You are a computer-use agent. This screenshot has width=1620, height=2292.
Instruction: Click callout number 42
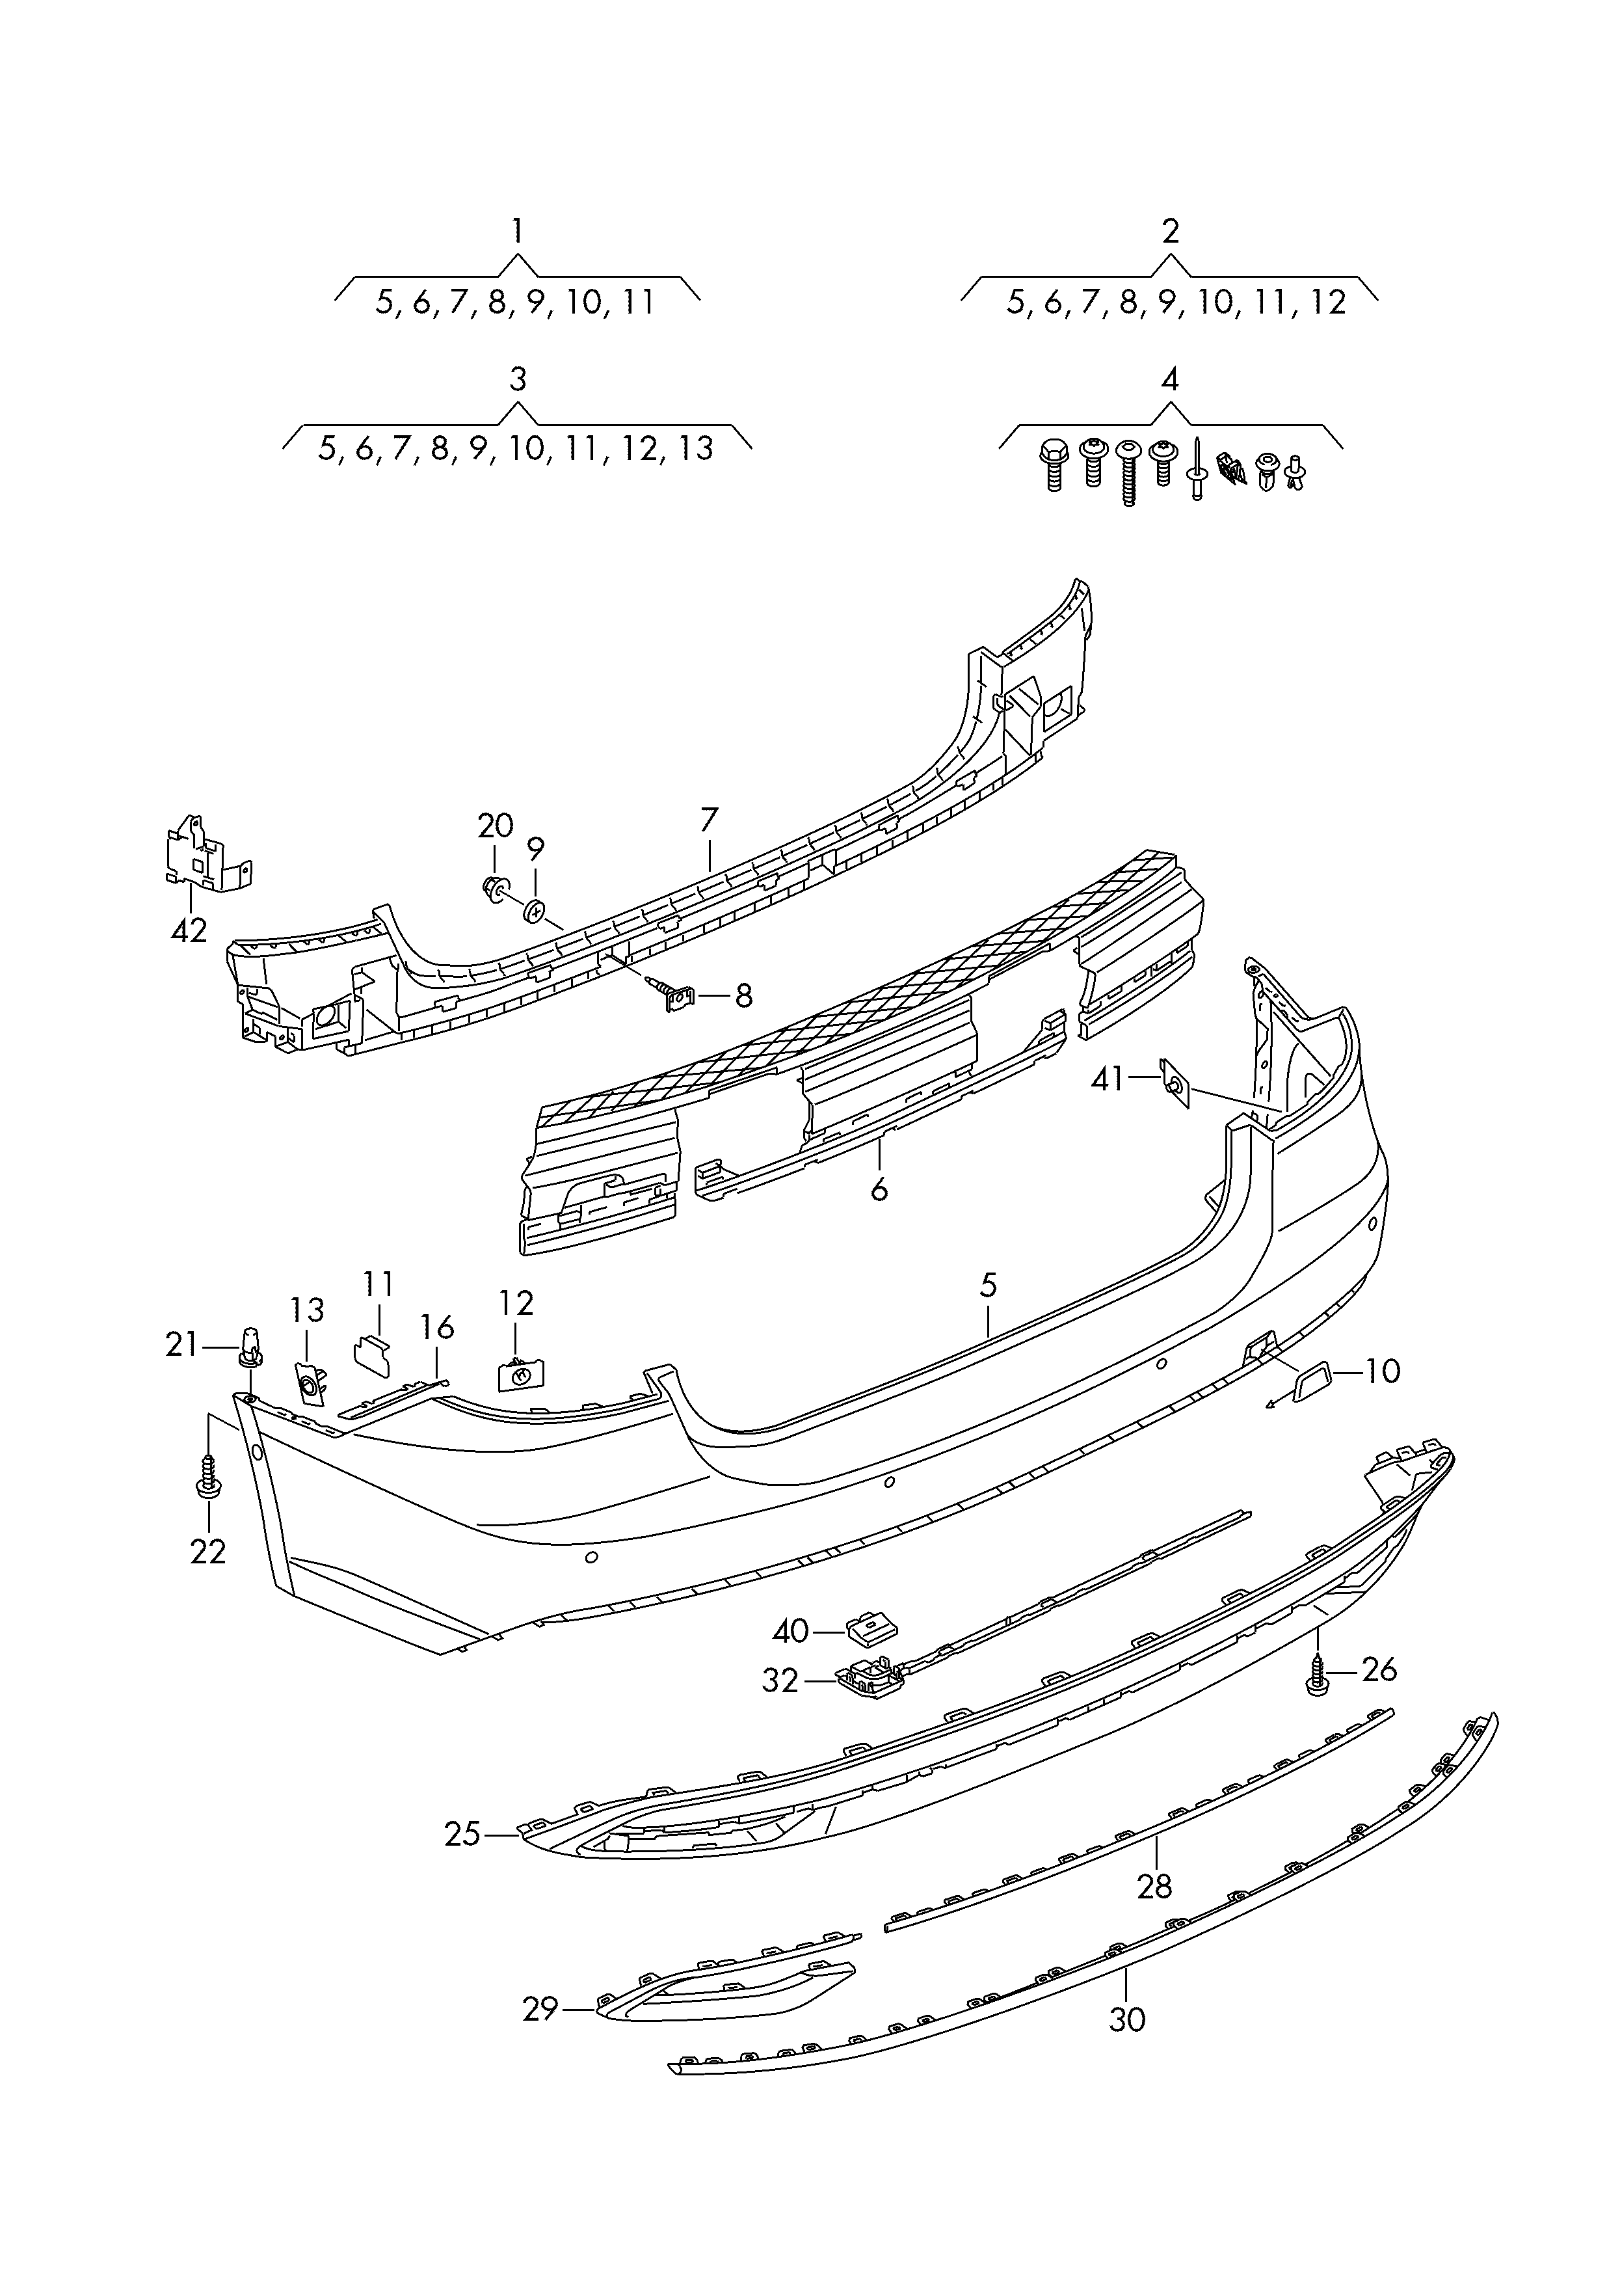pyautogui.click(x=189, y=930)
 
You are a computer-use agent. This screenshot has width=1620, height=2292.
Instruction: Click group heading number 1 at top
pyautogui.click(x=517, y=232)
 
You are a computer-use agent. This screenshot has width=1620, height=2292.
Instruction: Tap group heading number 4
pyautogui.click(x=1170, y=379)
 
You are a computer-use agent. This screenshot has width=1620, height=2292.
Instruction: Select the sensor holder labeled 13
pyautogui.click(x=310, y=1382)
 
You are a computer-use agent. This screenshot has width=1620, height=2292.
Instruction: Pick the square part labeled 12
pyautogui.click(x=520, y=1375)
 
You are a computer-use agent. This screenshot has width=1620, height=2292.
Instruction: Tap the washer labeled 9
pyautogui.click(x=536, y=910)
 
